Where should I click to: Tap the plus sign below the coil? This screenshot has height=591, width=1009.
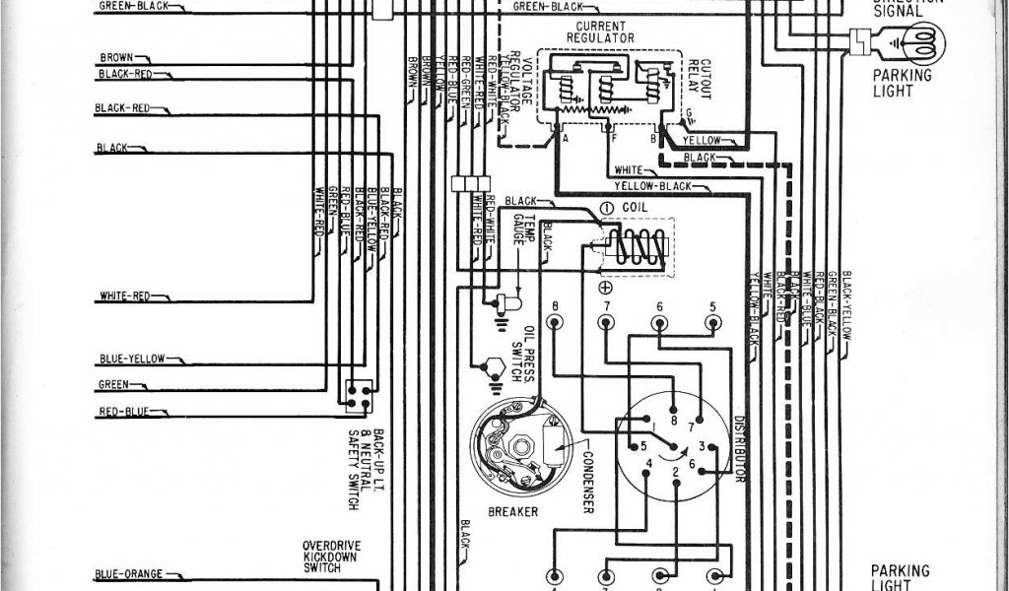pyautogui.click(x=604, y=286)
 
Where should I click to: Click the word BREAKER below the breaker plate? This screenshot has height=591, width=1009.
pyautogui.click(x=512, y=512)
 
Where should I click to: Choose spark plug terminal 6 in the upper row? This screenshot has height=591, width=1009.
pyautogui.click(x=659, y=321)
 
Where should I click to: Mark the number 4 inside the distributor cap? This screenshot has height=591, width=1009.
pyautogui.click(x=647, y=463)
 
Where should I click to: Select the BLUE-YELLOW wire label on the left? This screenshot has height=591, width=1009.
pyautogui.click(x=131, y=359)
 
